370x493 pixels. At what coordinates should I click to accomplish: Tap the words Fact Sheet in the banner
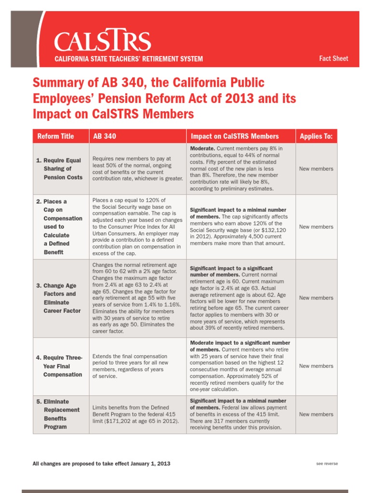click(333, 59)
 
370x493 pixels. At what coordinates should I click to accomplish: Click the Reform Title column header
click(56, 136)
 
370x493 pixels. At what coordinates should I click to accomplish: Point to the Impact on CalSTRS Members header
click(235, 136)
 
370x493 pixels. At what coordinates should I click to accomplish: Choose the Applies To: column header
click(316, 136)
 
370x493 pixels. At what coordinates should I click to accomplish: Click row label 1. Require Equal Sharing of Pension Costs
click(60, 169)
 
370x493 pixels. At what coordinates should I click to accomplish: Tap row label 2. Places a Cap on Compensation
click(60, 227)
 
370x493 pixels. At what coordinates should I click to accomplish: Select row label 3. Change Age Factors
click(60, 298)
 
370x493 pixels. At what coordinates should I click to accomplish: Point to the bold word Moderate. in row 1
click(202, 148)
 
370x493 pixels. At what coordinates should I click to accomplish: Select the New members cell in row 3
click(316, 298)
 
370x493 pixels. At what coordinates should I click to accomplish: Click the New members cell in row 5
click(316, 414)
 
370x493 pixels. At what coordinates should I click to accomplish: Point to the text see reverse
click(327, 464)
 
